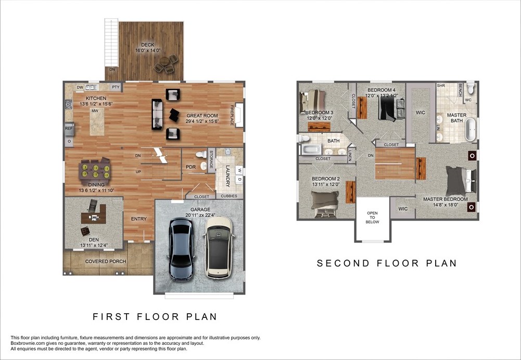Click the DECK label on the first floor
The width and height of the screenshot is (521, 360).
click(147, 45)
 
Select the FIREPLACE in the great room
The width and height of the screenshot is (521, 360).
click(238, 115)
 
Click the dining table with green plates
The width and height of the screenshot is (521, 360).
click(95, 171)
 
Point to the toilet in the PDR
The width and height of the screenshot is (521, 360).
click(201, 155)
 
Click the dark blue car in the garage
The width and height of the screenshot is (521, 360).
click(182, 249)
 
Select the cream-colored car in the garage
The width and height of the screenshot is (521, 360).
click(218, 247)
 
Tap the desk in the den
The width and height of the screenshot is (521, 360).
click(94, 216)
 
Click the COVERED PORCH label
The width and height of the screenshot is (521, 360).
click(106, 261)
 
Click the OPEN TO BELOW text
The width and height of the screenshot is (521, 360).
click(372, 217)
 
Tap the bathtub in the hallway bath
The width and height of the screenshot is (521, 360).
click(311, 149)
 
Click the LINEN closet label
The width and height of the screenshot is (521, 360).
click(350, 156)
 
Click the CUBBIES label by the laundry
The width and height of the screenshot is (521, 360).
click(229, 196)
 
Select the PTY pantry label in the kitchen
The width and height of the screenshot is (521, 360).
click(116, 87)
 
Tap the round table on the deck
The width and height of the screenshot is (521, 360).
click(164, 62)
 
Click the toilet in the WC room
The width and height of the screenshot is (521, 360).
click(470, 88)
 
